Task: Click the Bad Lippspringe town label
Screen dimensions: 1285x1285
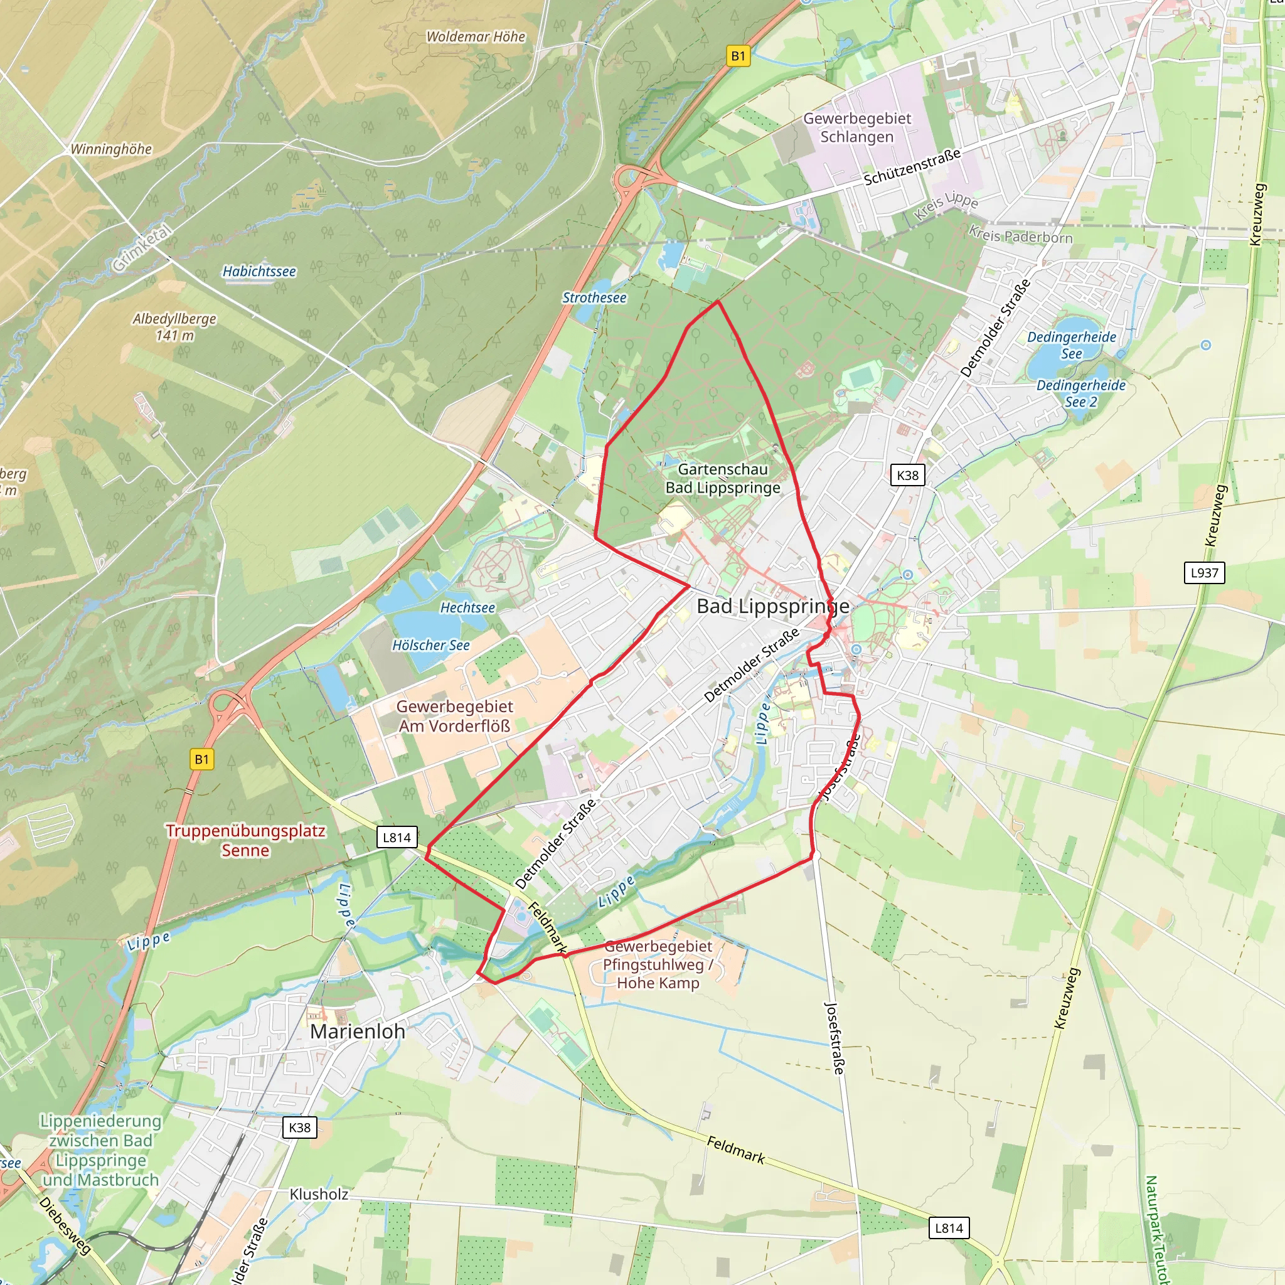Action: click(x=773, y=606)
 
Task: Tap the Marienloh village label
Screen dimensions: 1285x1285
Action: click(x=358, y=1031)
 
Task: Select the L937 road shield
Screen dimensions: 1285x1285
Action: click(x=1204, y=573)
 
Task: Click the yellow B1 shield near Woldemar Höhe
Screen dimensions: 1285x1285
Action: click(x=738, y=56)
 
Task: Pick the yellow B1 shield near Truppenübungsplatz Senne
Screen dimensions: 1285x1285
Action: click(x=201, y=760)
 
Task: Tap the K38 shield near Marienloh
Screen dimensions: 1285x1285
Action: click(x=299, y=1128)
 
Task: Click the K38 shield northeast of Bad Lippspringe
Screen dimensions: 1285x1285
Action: click(x=907, y=475)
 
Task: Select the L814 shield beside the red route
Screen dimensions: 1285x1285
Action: click(x=397, y=838)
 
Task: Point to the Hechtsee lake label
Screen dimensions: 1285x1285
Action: click(x=467, y=607)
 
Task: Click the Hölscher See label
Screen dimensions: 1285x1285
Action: click(x=430, y=645)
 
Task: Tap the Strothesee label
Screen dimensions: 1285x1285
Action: click(x=594, y=297)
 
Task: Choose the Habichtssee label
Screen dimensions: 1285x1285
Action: click(x=259, y=271)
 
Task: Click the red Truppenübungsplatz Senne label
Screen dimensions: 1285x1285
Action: click(x=245, y=840)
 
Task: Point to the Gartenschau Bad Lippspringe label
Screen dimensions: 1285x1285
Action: click(x=723, y=478)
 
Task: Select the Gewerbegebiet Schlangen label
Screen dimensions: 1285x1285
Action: click(x=856, y=127)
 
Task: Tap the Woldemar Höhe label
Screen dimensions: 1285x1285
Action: click(x=476, y=36)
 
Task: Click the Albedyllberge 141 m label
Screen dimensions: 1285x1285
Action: click(x=174, y=326)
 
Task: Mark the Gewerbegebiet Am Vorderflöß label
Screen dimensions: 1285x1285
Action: click(x=455, y=716)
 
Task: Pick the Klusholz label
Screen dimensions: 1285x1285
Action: click(x=319, y=1194)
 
